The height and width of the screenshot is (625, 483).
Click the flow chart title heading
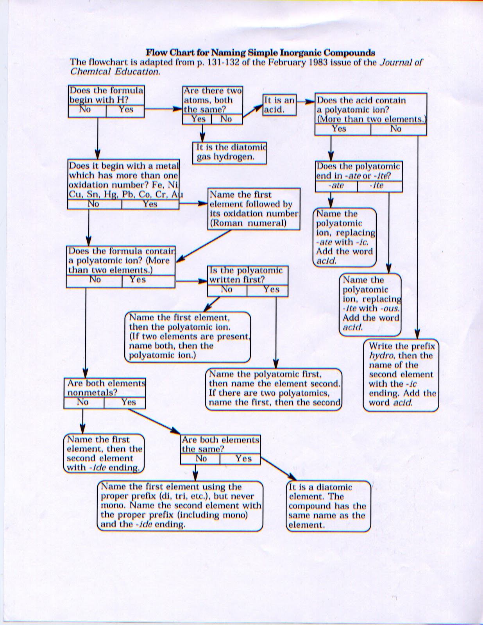(x=260, y=53)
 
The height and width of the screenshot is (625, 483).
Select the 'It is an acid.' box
(x=279, y=105)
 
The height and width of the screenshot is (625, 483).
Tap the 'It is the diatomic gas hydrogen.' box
(x=230, y=152)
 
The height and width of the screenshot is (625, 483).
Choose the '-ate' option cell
(x=336, y=186)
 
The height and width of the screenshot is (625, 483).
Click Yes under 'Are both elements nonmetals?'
(x=128, y=402)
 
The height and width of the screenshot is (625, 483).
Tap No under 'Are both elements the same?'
(x=201, y=459)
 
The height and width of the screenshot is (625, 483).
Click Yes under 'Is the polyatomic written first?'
(x=271, y=289)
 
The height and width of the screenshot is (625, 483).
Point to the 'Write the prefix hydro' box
(x=401, y=375)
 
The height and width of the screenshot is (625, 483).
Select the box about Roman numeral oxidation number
(x=254, y=209)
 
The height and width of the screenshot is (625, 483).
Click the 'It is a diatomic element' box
(x=328, y=506)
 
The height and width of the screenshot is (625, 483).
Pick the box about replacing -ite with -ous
(x=370, y=304)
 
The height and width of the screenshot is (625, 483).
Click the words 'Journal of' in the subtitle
(x=401, y=62)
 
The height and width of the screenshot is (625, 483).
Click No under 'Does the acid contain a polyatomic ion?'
(x=395, y=129)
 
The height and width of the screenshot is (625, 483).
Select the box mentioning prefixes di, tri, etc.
(x=180, y=505)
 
